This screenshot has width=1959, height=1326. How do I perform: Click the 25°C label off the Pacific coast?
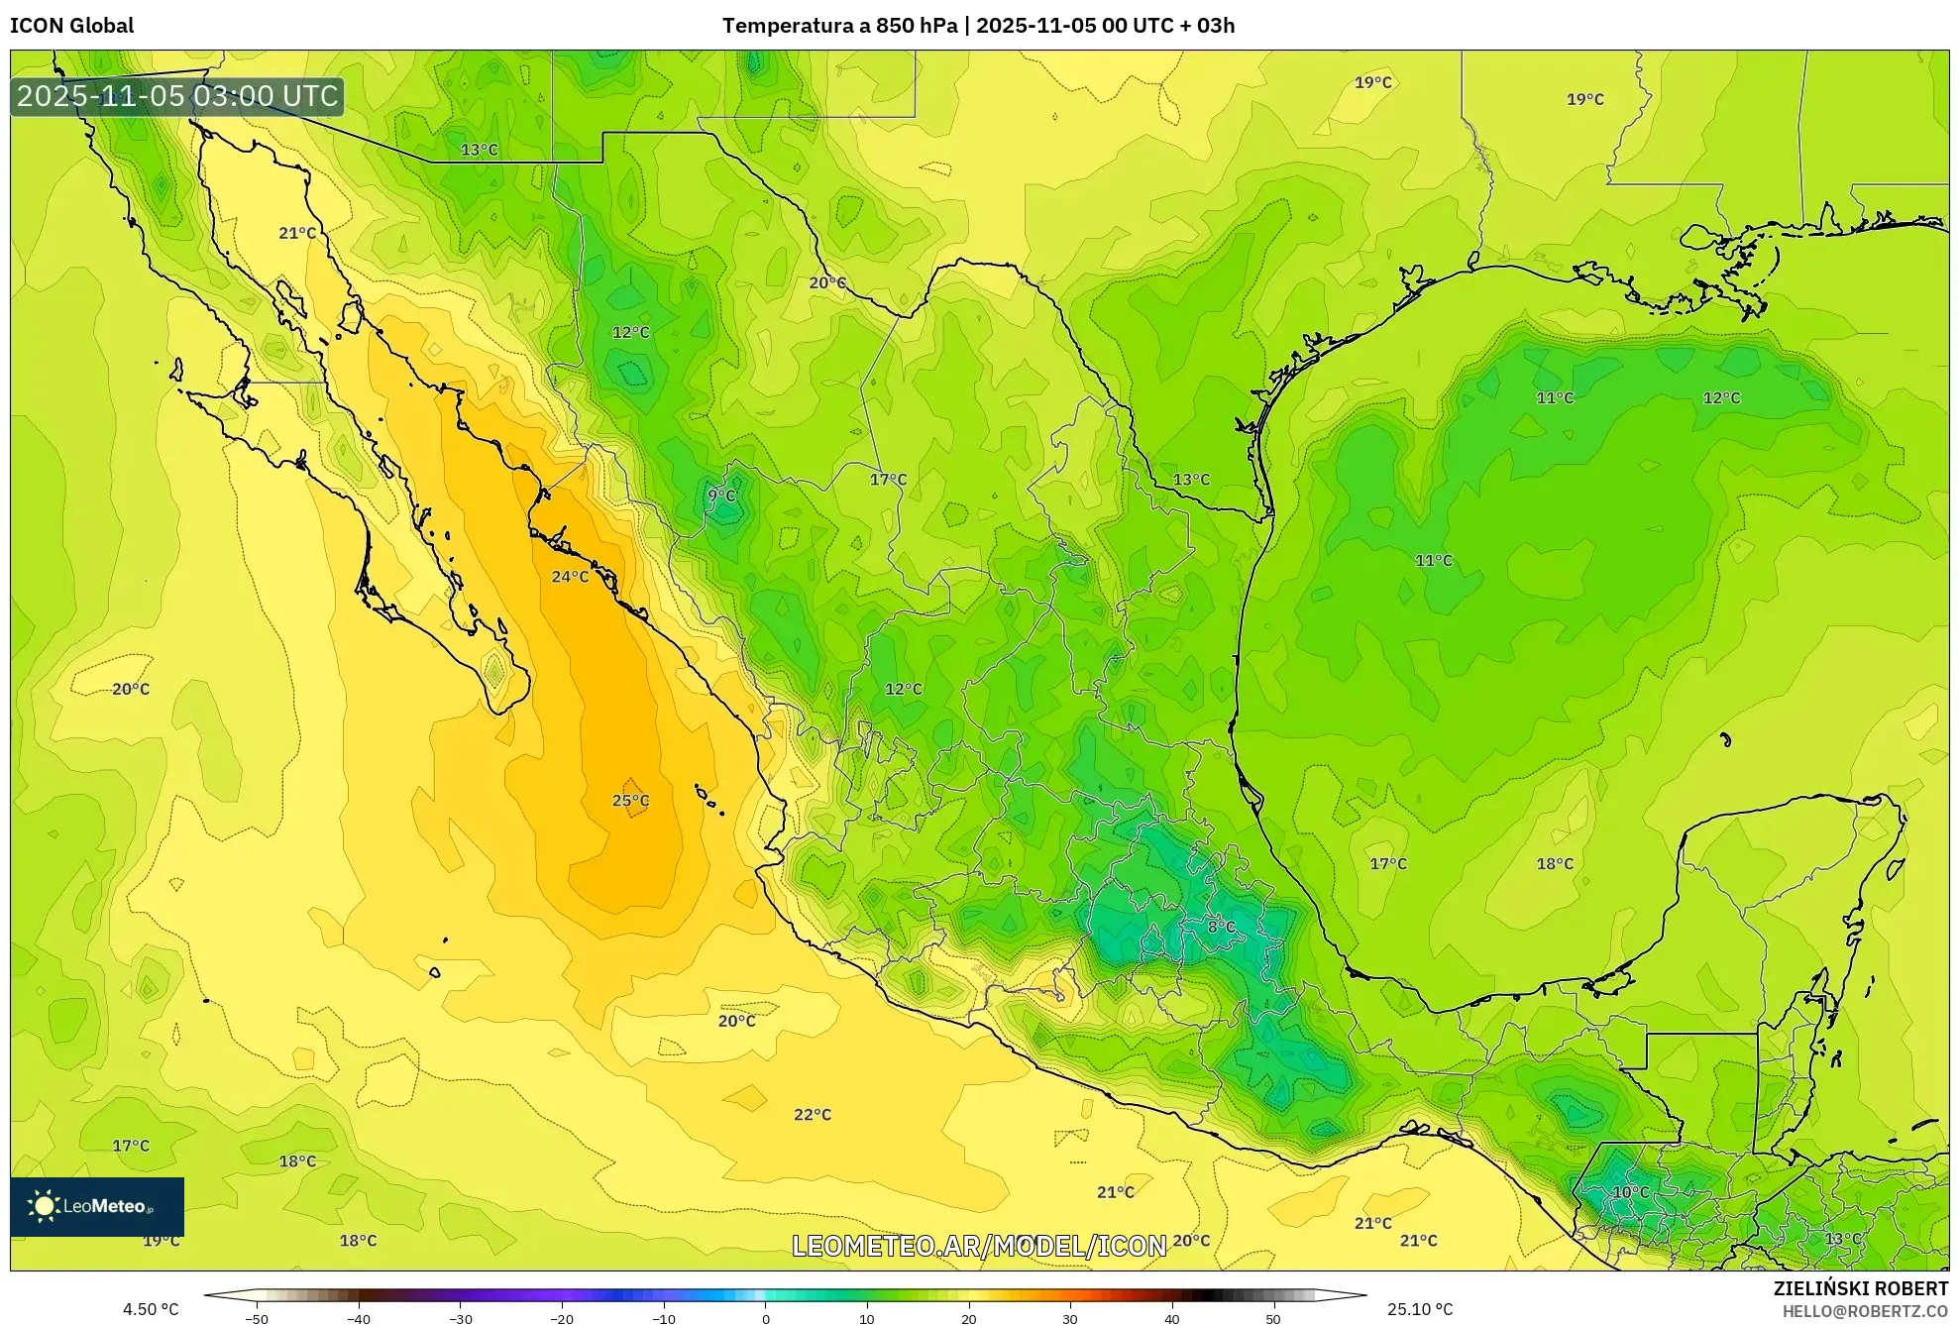pos(630,801)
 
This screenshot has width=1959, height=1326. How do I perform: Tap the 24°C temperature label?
pos(570,577)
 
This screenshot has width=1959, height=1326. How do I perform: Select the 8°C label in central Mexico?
pos(1221,927)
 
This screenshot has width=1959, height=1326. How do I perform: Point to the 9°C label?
pos(721,496)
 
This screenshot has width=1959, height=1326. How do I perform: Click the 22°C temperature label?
pos(813,1115)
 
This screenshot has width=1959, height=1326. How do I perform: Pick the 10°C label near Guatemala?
pos(1631,1192)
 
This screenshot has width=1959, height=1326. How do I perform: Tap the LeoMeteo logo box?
pos(97,1206)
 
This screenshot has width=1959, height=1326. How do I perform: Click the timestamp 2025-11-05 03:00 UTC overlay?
pos(177,97)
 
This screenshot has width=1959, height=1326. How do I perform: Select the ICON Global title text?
pos(71,26)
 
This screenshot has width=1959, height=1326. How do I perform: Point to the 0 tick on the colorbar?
pos(765,1319)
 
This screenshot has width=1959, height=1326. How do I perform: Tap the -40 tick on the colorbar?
pos(359,1319)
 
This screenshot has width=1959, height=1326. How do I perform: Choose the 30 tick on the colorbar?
pos(1070,1319)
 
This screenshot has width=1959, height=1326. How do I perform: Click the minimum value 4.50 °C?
pos(151,1310)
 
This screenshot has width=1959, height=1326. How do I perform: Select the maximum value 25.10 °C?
pos(1420,1310)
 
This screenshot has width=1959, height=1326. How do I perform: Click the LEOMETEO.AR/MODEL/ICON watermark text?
pos(979,1246)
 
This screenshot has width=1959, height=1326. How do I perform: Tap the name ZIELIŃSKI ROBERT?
pos(1860,1288)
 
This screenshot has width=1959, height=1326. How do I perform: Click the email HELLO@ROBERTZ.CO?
pos(1865,1311)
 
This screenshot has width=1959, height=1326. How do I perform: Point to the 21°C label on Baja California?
pos(297,234)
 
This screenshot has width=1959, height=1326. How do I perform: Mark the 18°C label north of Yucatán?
pos(1555,864)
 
